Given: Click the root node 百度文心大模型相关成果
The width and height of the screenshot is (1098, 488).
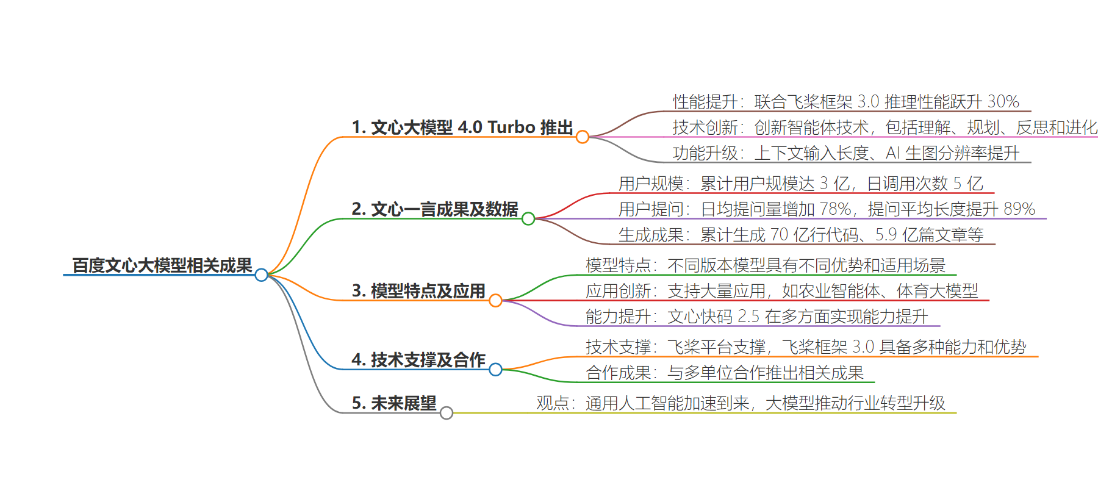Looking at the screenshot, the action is (162, 265).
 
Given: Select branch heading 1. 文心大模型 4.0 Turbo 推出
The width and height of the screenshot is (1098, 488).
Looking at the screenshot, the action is (462, 127).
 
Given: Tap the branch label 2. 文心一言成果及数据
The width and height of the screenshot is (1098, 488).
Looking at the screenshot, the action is (435, 209).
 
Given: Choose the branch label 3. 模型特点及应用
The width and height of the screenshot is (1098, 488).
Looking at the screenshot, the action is (418, 291).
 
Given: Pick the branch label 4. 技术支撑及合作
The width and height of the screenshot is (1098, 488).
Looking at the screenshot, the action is (418, 360).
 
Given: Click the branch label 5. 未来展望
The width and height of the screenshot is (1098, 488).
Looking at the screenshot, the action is (394, 403).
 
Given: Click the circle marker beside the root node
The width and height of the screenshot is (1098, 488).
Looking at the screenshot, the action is (262, 275).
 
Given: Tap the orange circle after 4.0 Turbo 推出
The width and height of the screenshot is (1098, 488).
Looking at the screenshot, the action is (583, 137).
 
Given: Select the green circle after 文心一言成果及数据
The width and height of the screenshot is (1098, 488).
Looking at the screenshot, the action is (528, 218).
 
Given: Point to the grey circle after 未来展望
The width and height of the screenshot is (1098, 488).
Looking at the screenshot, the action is (447, 413).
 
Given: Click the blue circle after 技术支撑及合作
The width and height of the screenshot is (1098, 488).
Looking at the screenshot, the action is (495, 369).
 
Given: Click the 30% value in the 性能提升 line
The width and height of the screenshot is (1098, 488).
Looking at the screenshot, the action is (1003, 101).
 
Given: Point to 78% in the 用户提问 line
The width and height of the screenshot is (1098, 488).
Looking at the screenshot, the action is (836, 209).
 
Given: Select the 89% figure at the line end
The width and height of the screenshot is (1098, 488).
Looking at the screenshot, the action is (1020, 209).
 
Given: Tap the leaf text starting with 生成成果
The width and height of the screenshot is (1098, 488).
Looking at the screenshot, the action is (801, 235).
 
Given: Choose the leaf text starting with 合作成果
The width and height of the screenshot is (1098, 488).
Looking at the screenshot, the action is (725, 373).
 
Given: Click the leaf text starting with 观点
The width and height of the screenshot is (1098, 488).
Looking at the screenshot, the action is (741, 403).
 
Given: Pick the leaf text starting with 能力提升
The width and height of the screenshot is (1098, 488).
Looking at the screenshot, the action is (757, 317).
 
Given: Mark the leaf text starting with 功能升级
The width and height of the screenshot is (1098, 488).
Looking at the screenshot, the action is (846, 153).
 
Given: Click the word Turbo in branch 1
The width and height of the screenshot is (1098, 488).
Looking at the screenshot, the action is (512, 127).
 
